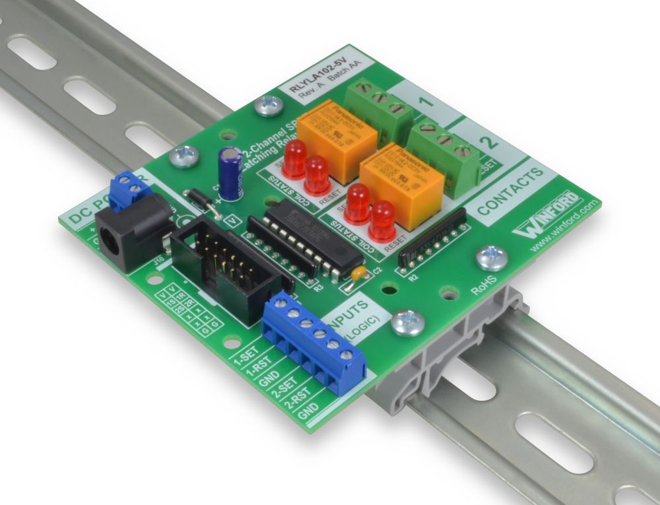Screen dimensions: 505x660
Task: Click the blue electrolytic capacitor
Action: [x=230, y=173]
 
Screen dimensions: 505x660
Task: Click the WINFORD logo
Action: [x=548, y=215]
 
